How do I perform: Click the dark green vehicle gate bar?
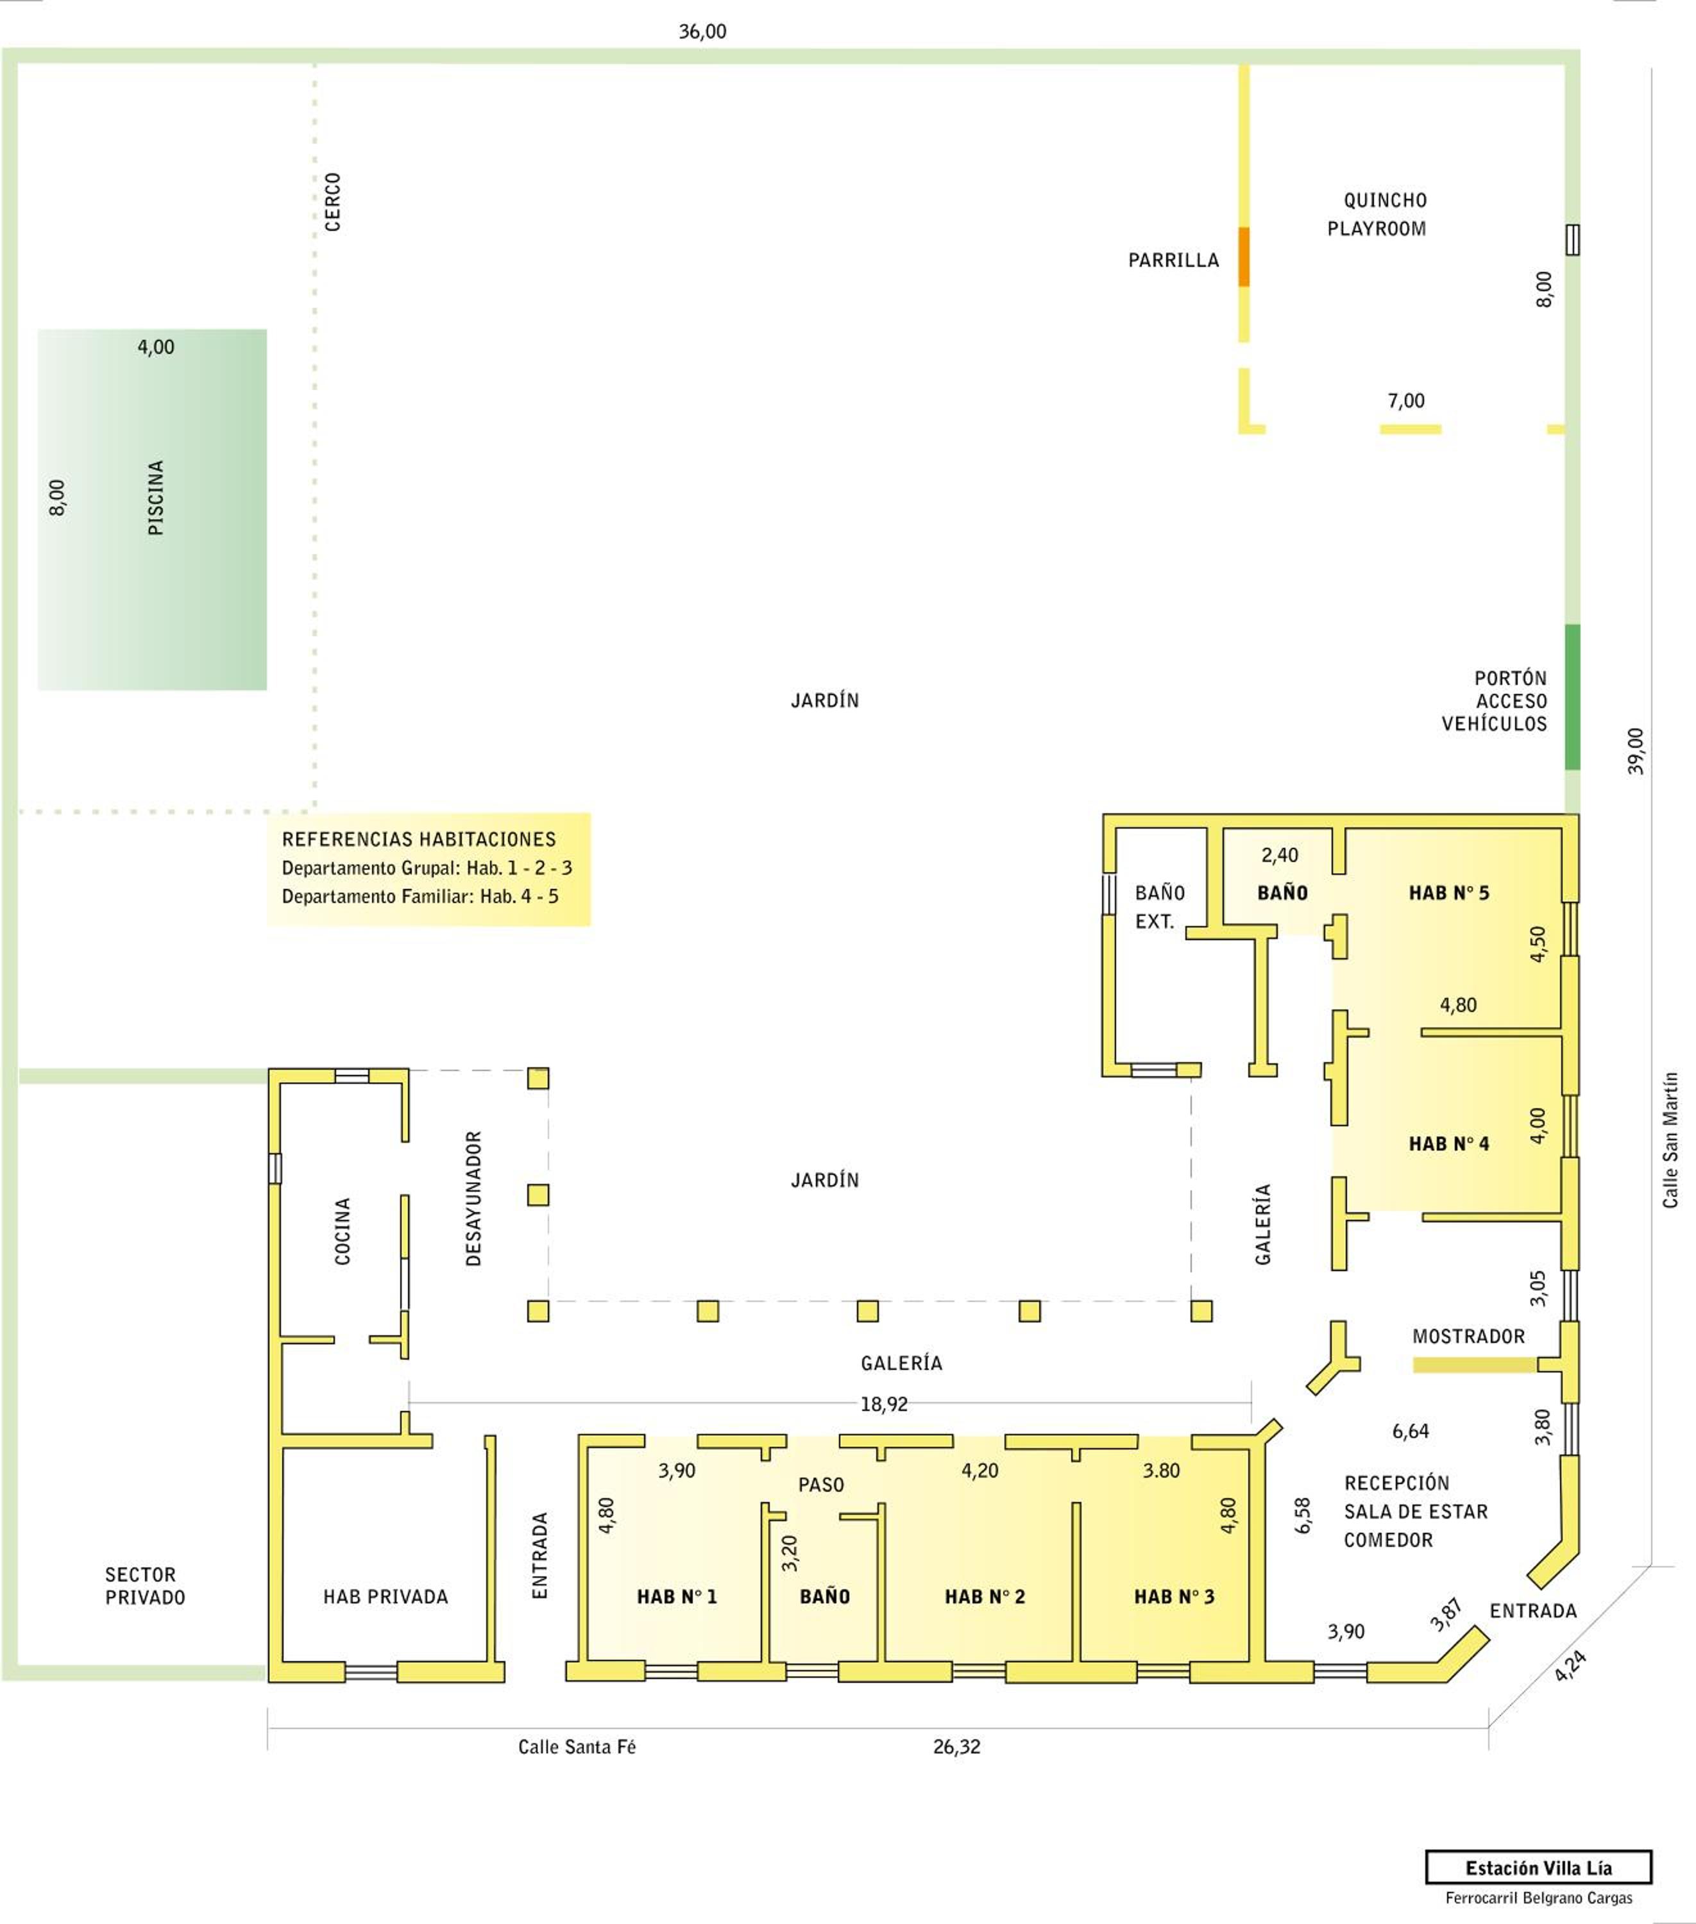tap(1572, 696)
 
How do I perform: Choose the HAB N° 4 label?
tap(1448, 1143)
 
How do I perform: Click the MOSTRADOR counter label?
tap(1468, 1336)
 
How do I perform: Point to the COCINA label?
tap(343, 1230)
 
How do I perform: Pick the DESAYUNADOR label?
tap(473, 1198)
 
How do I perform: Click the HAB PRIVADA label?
tap(385, 1596)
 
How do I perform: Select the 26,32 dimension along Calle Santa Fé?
tap(957, 1747)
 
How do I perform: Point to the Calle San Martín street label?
tap(1670, 1140)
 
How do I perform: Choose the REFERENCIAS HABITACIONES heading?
tap(419, 839)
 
